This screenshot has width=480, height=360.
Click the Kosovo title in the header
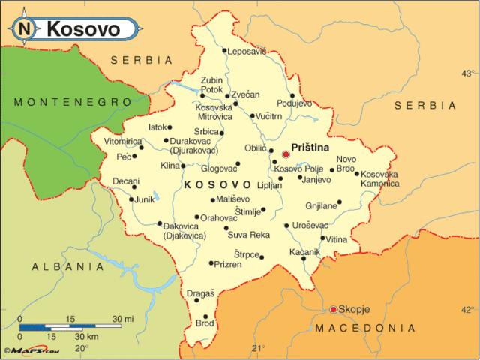[82, 29]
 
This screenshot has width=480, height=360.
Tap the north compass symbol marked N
[25, 29]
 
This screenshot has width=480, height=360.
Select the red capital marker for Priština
[286, 154]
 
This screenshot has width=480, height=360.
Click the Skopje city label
[355, 309]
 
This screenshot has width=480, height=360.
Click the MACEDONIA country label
[365, 328]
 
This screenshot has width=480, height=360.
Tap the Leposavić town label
[246, 51]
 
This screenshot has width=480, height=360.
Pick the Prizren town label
[228, 264]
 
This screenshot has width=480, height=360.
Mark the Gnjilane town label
[319, 205]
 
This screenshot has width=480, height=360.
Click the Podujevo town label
[295, 103]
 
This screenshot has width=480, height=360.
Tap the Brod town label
[205, 323]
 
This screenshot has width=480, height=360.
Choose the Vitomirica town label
[122, 141]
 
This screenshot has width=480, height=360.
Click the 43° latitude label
[468, 73]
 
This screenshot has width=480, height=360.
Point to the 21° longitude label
[259, 348]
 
